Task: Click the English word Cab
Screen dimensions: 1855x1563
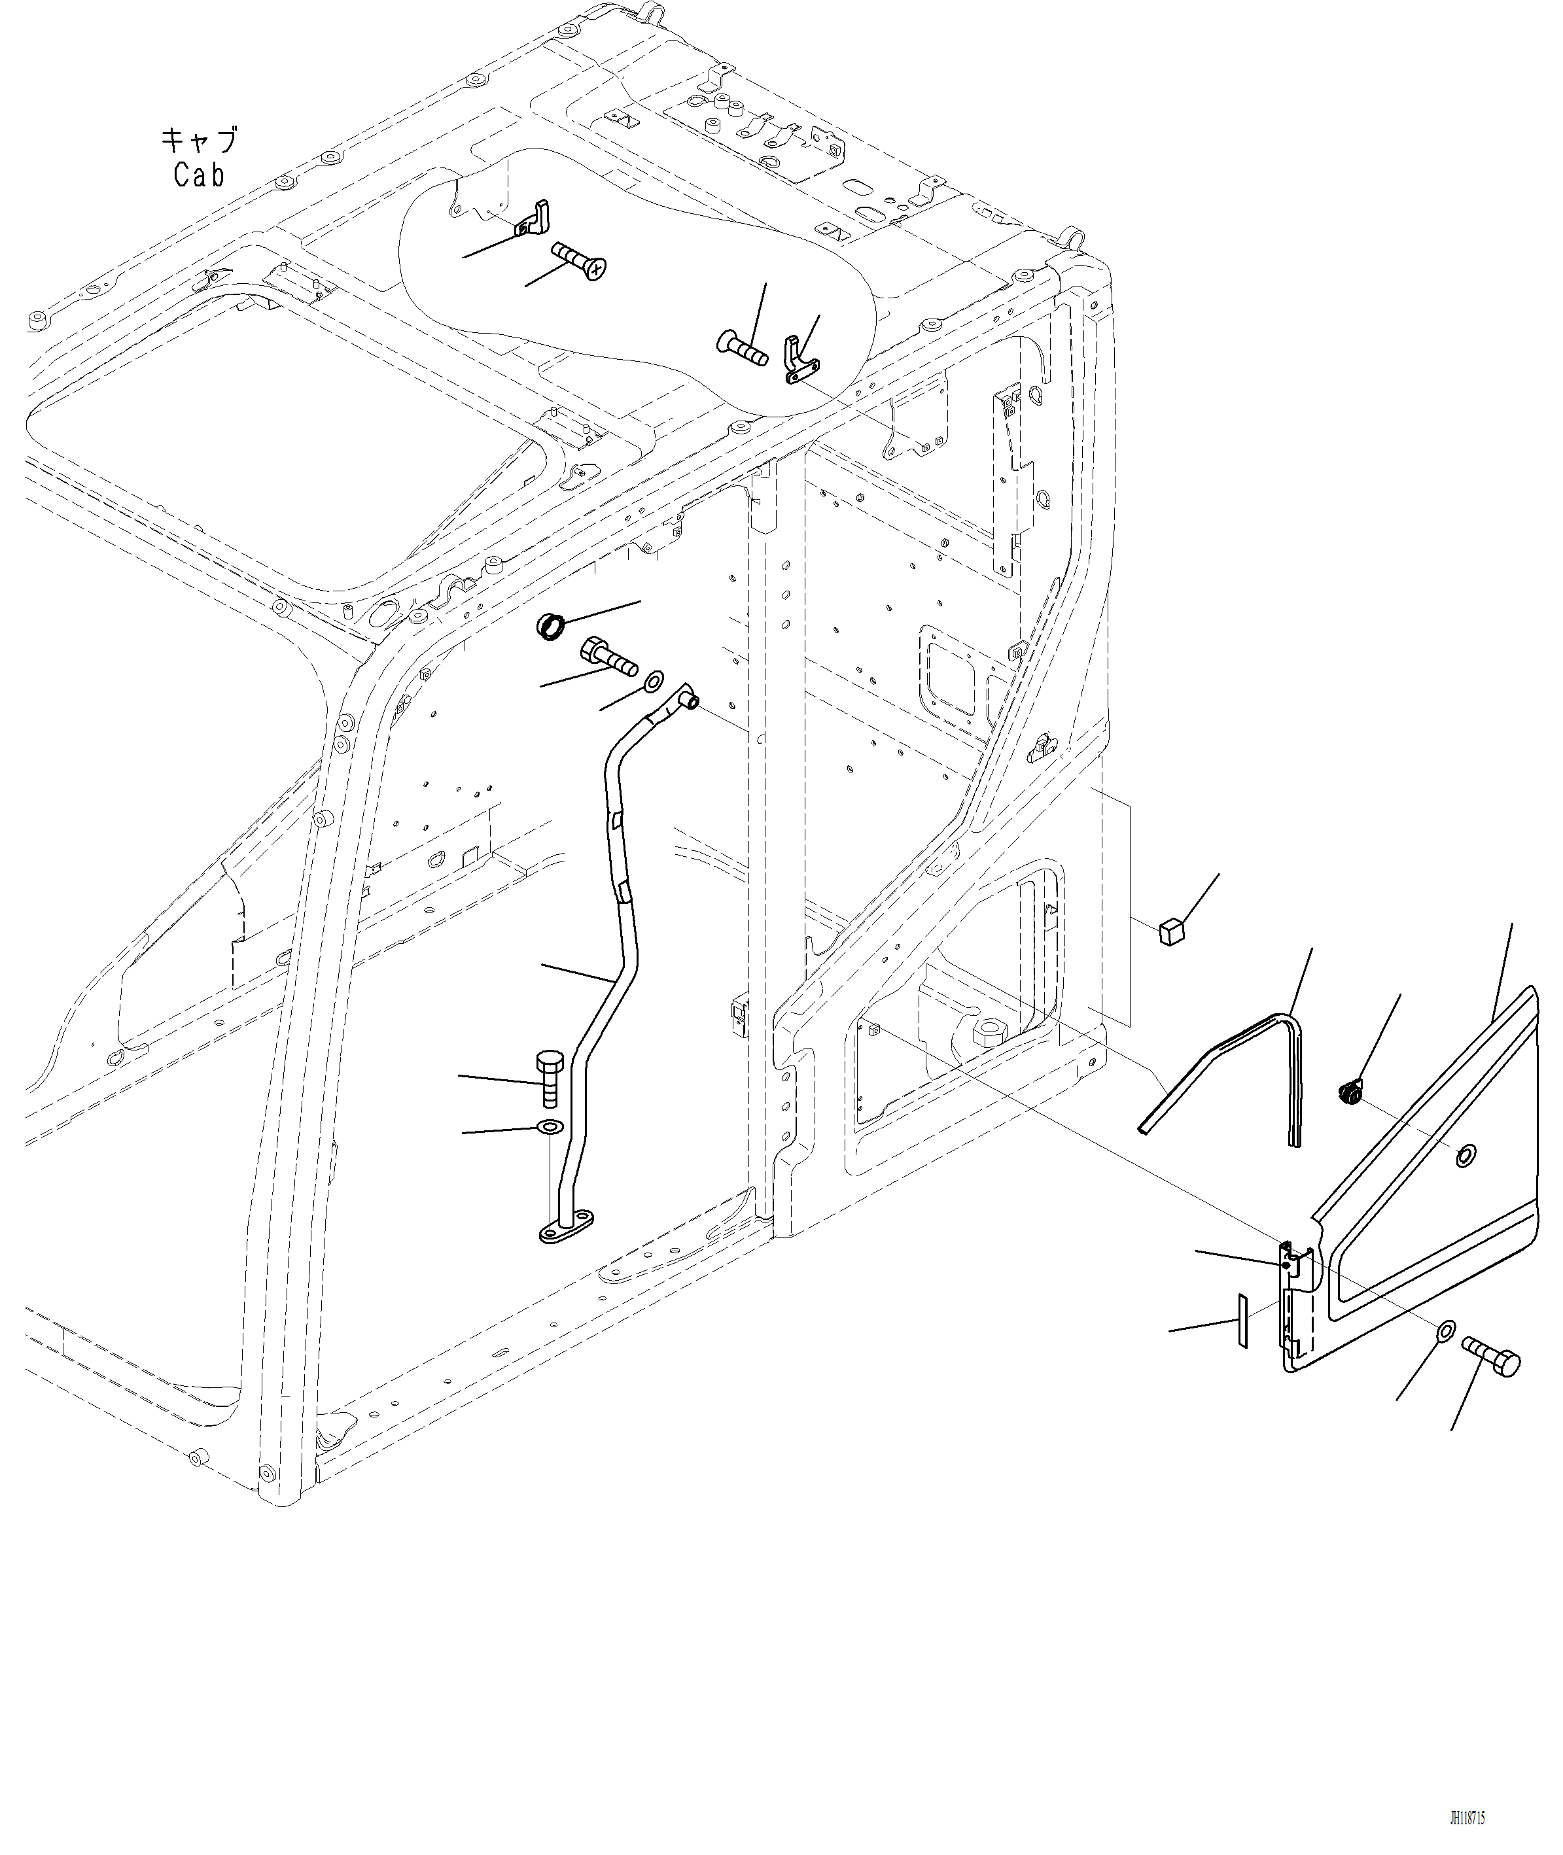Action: click(x=198, y=175)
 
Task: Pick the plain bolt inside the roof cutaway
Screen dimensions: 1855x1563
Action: click(x=742, y=348)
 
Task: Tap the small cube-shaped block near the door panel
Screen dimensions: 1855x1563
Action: click(x=1171, y=932)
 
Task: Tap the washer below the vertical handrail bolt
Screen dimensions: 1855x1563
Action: click(x=550, y=1128)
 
